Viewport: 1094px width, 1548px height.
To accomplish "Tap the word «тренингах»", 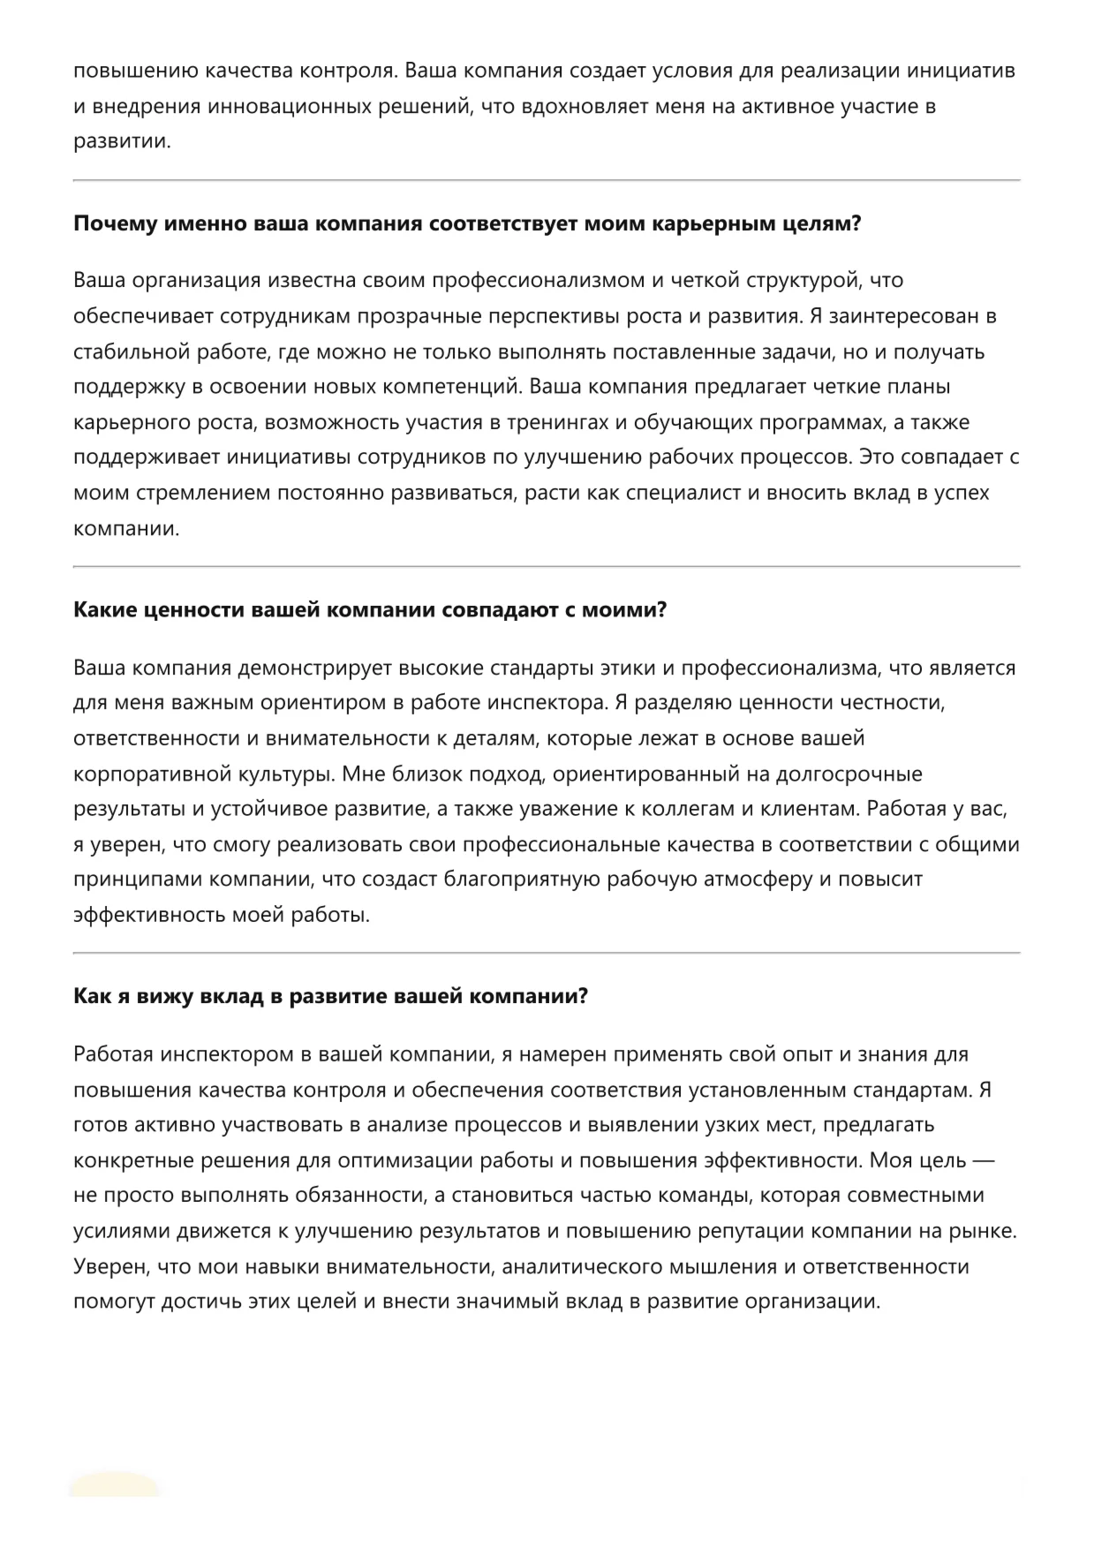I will [558, 422].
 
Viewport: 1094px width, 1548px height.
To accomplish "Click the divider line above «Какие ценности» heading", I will [547, 566].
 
